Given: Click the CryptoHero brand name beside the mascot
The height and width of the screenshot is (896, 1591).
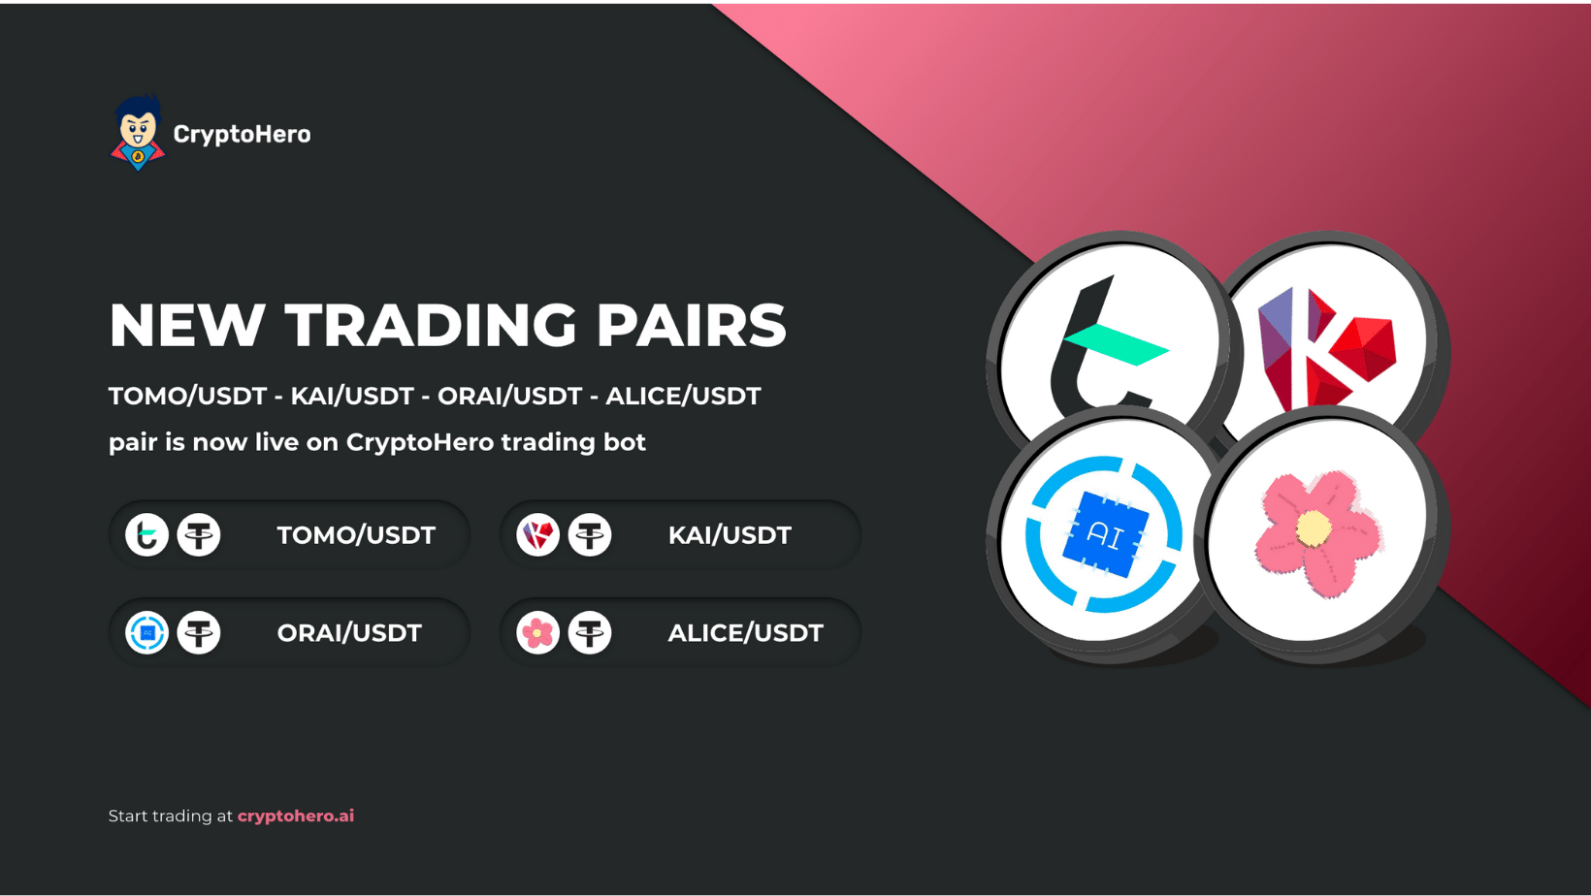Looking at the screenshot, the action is click(242, 134).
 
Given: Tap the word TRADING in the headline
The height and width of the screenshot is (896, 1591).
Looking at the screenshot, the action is click(431, 325).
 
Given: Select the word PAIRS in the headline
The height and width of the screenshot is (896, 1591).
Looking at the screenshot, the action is click(691, 325).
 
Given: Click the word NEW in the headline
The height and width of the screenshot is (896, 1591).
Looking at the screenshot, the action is click(187, 325).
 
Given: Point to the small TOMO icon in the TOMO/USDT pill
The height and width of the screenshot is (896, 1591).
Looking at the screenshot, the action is click(147, 534).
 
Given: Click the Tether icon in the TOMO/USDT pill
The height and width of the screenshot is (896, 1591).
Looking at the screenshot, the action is click(199, 534).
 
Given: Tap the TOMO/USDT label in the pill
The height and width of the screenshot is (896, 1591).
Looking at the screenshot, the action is click(356, 535).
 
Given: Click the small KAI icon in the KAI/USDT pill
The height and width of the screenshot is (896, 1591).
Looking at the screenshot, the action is click(537, 534).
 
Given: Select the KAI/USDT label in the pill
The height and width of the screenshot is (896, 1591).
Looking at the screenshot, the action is click(730, 535).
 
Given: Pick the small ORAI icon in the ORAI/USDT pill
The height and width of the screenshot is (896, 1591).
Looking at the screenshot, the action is click(147, 632).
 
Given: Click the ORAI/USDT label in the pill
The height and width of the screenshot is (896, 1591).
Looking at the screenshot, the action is click(349, 632).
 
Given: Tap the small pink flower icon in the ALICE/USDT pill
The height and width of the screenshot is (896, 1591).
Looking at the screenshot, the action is click(537, 632).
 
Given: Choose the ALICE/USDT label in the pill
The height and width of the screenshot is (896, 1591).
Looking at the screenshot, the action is click(746, 632).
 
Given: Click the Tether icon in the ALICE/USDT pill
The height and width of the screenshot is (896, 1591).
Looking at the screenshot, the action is click(590, 632).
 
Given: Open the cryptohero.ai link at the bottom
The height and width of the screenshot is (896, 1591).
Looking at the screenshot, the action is click(296, 816).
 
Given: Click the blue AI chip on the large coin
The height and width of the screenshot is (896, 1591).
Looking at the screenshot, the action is click(1105, 534).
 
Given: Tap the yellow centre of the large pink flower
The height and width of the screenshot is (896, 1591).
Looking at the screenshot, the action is click(1314, 528).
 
